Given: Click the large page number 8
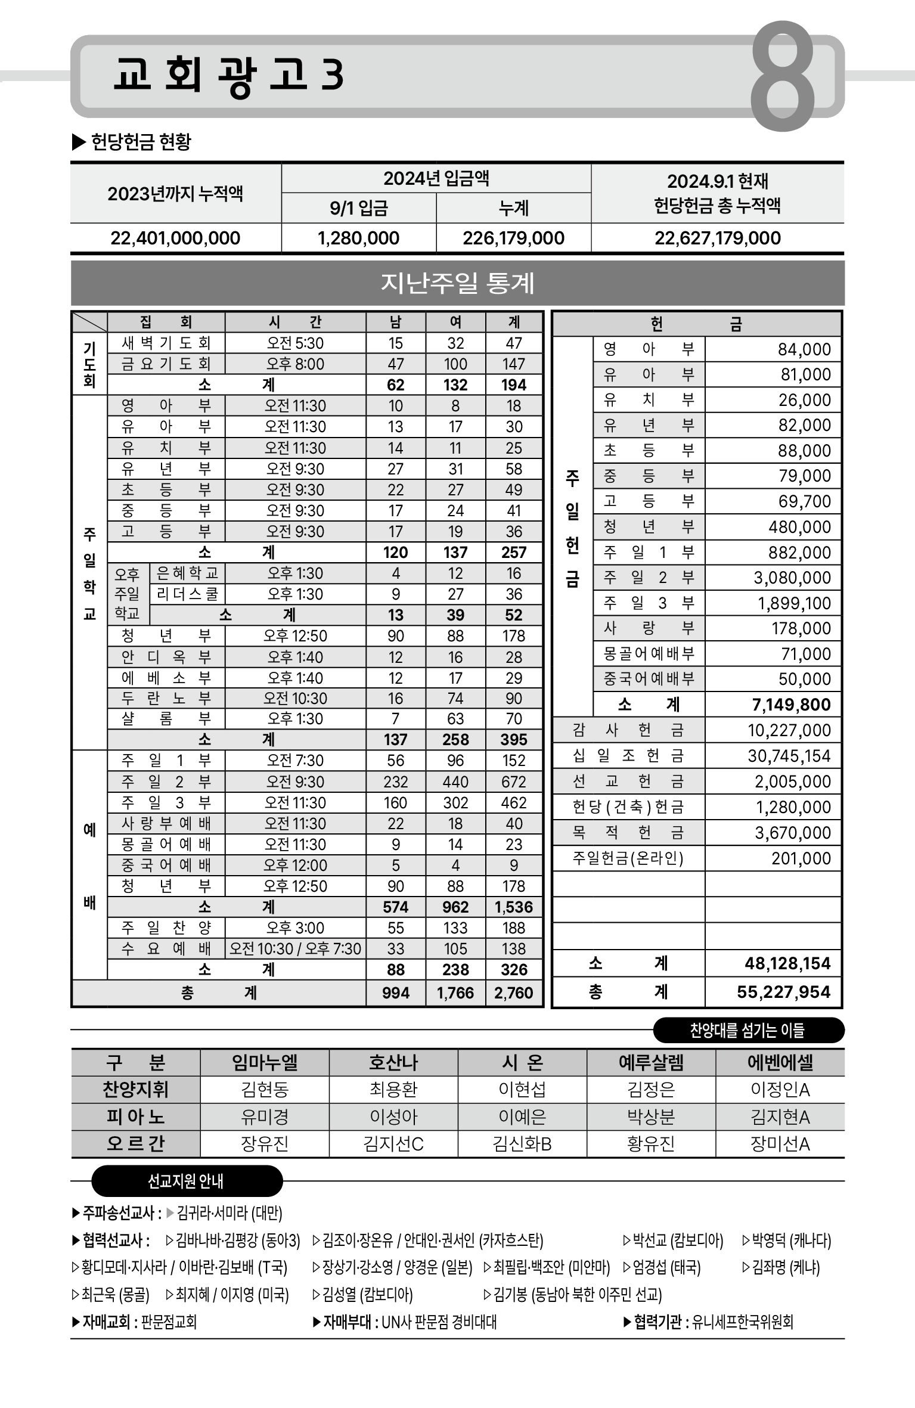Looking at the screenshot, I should click(782, 76).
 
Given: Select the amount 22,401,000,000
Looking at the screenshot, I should click(175, 238).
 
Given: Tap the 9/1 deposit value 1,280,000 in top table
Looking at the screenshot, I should click(358, 238).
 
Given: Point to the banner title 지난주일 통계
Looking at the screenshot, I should click(457, 283).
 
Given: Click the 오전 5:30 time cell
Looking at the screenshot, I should click(295, 343).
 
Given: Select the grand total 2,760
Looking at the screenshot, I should click(514, 993).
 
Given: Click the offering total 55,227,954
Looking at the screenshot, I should click(783, 992).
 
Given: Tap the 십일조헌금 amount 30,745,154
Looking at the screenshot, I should click(789, 756).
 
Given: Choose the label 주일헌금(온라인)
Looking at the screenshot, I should click(628, 858).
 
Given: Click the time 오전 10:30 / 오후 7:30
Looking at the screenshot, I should click(295, 948).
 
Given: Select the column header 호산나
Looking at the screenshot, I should click(393, 1062).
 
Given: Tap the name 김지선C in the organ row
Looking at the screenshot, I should click(393, 1144).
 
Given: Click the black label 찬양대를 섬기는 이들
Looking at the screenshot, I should click(747, 1030).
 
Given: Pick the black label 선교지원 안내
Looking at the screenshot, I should click(185, 1181).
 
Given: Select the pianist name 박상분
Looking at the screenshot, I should click(651, 1117).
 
